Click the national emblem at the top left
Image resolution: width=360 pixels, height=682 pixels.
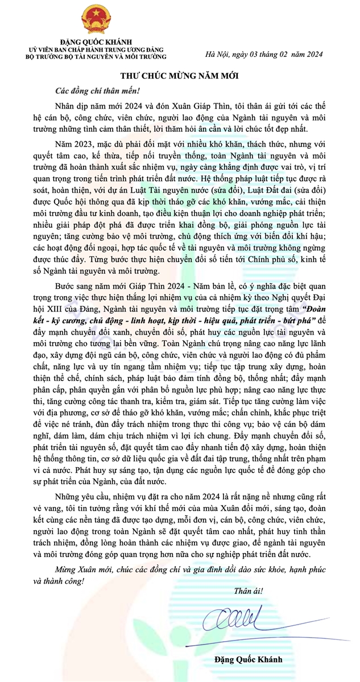pos(96,19)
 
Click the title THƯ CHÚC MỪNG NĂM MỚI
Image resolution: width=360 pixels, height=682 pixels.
pos(179,76)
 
